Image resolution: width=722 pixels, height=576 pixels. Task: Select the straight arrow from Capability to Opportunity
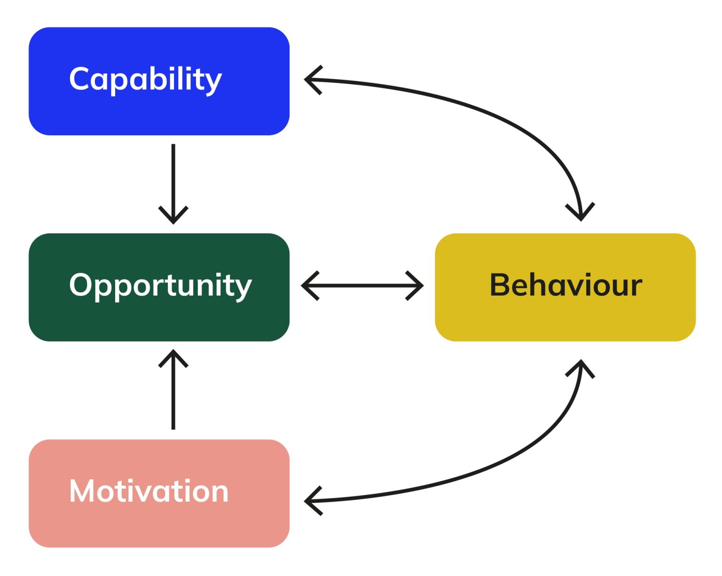coord(173,179)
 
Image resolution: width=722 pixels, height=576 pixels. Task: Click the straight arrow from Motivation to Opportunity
coord(173,395)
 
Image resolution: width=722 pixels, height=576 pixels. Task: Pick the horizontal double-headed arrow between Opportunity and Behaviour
coord(362,285)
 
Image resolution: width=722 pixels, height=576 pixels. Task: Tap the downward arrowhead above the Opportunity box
coord(173,216)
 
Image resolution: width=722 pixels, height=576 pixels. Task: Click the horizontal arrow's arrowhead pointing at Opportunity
coord(309,285)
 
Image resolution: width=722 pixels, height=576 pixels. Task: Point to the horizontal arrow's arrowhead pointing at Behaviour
coord(416,285)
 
